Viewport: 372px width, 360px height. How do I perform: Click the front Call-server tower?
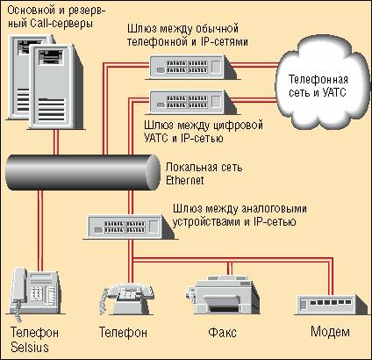[55, 87]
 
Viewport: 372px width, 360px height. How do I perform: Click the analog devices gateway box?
[130, 227]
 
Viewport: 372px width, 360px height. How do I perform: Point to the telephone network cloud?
[321, 85]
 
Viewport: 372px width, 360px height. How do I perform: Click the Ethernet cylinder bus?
[82, 172]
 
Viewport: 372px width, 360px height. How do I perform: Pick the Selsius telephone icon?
[34, 292]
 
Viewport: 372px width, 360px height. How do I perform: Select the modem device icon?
[331, 305]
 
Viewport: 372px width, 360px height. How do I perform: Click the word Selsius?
[30, 347]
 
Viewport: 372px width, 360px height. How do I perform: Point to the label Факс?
[222, 333]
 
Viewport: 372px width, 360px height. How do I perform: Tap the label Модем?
[330, 332]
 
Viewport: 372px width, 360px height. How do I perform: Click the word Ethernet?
[184, 180]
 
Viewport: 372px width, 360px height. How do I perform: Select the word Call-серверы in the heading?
[61, 24]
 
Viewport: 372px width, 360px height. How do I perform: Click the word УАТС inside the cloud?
[334, 92]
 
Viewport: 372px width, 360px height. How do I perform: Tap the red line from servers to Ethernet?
[56, 142]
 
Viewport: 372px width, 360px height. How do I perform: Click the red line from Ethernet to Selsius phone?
[40, 230]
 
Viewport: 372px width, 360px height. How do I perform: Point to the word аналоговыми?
[274, 209]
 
